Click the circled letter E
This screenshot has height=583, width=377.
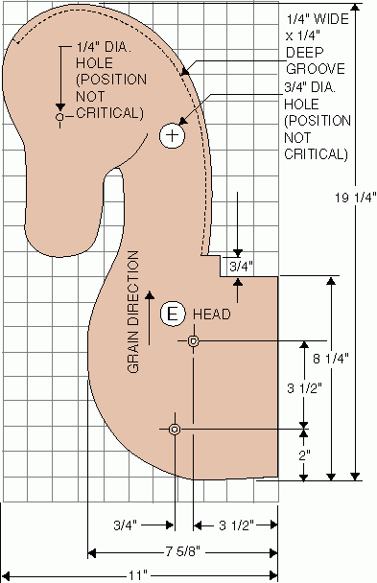173,315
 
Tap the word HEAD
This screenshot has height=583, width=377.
212,315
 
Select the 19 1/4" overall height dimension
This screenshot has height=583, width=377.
356,198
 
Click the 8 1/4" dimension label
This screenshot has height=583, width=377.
331,359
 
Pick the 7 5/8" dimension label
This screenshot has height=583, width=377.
182,551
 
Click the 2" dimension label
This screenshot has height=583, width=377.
304,455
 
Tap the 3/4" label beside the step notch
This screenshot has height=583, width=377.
241,267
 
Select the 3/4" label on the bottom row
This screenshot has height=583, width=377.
126,525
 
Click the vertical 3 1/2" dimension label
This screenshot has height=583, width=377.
304,388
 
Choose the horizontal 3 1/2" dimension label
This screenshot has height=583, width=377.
236,525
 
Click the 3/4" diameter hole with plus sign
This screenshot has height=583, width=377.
172,135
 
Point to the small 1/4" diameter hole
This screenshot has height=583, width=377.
59,117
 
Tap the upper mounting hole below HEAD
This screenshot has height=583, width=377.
193,340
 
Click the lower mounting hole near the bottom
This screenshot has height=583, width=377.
175,430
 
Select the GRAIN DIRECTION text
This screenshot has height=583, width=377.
132,312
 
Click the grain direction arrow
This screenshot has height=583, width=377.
150,318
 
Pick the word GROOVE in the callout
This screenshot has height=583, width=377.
316,69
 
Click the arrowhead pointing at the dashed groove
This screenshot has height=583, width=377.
184,71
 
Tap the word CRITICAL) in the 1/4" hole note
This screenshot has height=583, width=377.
109,112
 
